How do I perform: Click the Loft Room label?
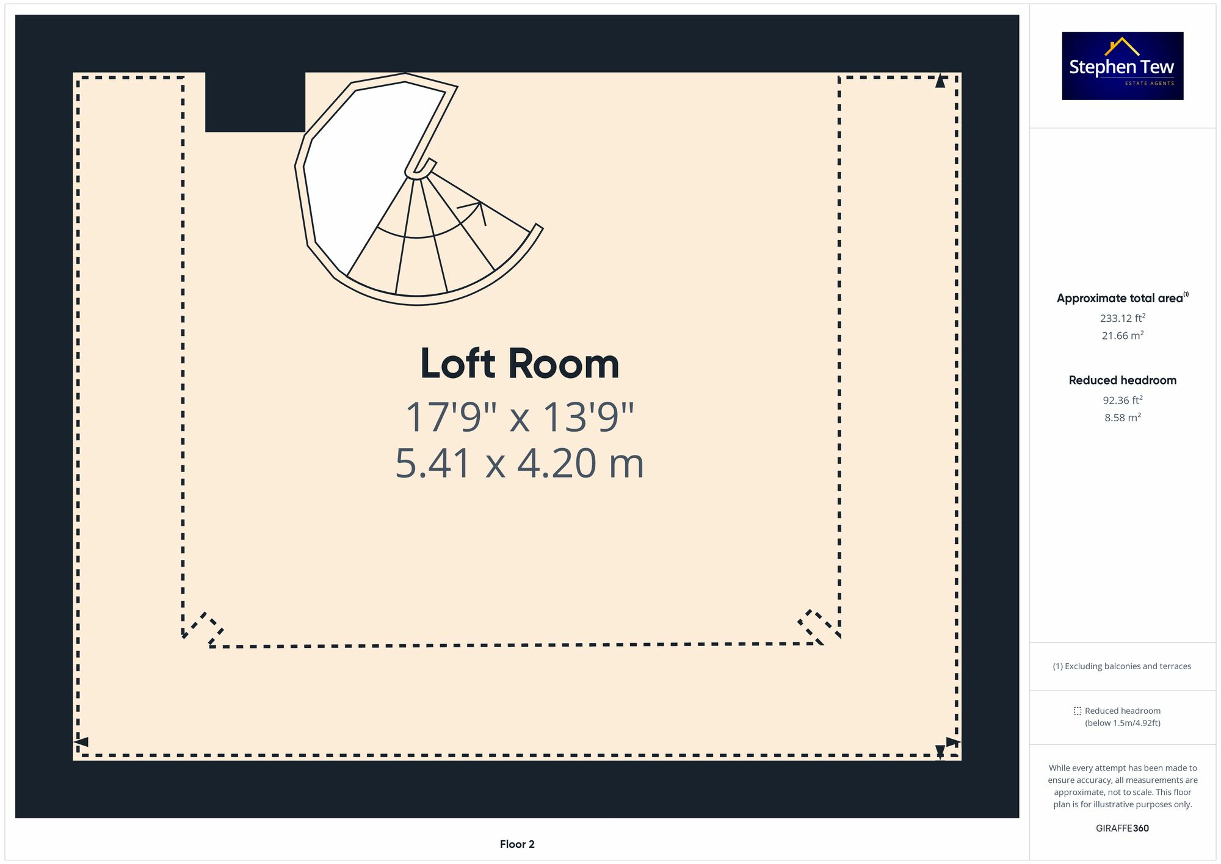tap(520, 364)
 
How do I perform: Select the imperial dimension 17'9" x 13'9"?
tap(520, 418)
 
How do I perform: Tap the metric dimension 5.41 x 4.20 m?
tap(520, 463)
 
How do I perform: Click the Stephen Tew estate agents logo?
tap(1122, 66)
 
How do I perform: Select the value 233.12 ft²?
tap(1122, 318)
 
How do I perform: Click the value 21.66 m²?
tap(1122, 335)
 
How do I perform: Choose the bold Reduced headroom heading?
tap(1122, 380)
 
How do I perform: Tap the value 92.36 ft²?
tap(1122, 400)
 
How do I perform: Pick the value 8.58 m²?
tap(1122, 418)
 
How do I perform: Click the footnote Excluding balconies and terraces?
tap(1122, 666)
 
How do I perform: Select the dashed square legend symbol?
tap(1078, 711)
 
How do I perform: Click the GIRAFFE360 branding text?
tap(1122, 828)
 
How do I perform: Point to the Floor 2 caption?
tap(517, 844)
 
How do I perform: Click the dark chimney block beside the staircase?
tap(255, 102)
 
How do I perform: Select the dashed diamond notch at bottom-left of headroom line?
tap(204, 629)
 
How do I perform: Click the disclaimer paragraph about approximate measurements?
tap(1122, 786)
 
